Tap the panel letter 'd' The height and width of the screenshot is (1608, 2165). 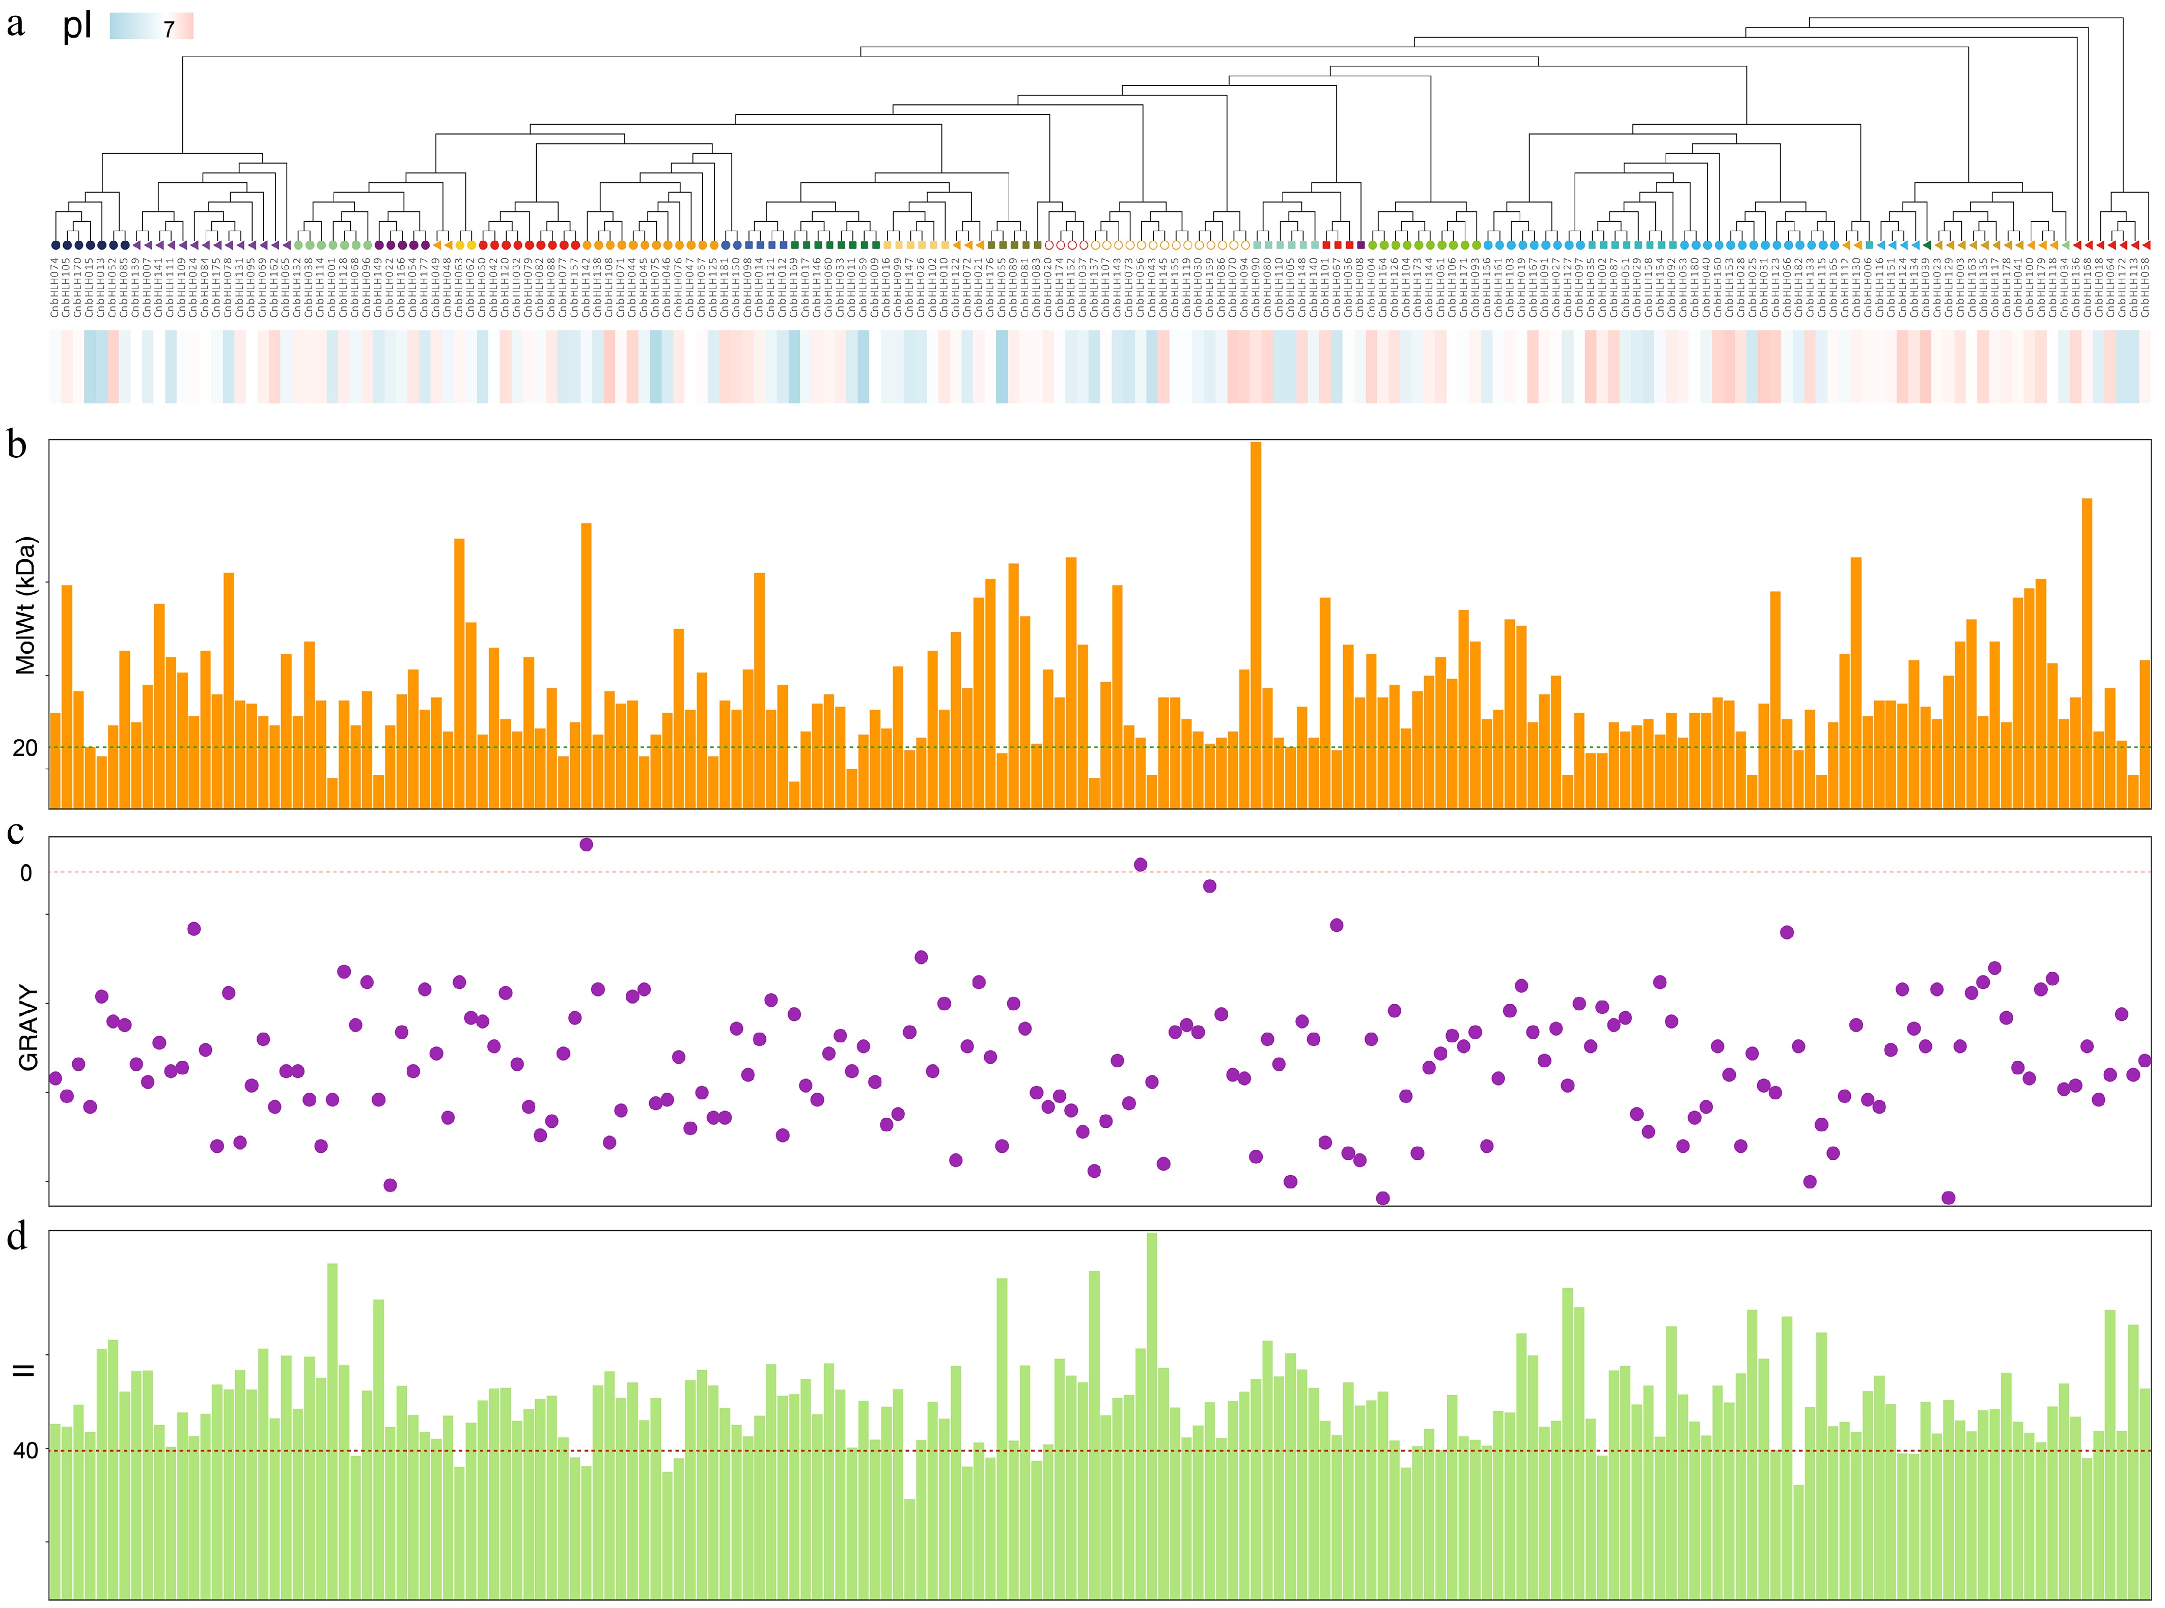pyautogui.click(x=17, y=1237)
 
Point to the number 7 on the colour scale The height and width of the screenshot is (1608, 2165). pyautogui.click(x=169, y=30)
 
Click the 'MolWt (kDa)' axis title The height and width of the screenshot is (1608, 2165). pyautogui.click(x=25, y=605)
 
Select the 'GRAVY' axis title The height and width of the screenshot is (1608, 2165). pyautogui.click(x=28, y=1028)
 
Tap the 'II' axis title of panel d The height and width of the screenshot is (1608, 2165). pyautogui.click(x=23, y=1371)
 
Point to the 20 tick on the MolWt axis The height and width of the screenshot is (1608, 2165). pyautogui.click(x=25, y=747)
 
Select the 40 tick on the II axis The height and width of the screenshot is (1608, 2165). pyautogui.click(x=25, y=1450)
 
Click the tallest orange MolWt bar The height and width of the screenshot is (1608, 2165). pyautogui.click(x=1256, y=623)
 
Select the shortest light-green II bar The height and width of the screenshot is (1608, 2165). pyautogui.click(x=909, y=1547)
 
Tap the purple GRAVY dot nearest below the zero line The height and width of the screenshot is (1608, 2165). pyautogui.click(x=1209, y=886)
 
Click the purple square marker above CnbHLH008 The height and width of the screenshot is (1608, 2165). pyautogui.click(x=1361, y=245)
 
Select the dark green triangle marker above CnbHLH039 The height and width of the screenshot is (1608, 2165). pyautogui.click(x=1927, y=245)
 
